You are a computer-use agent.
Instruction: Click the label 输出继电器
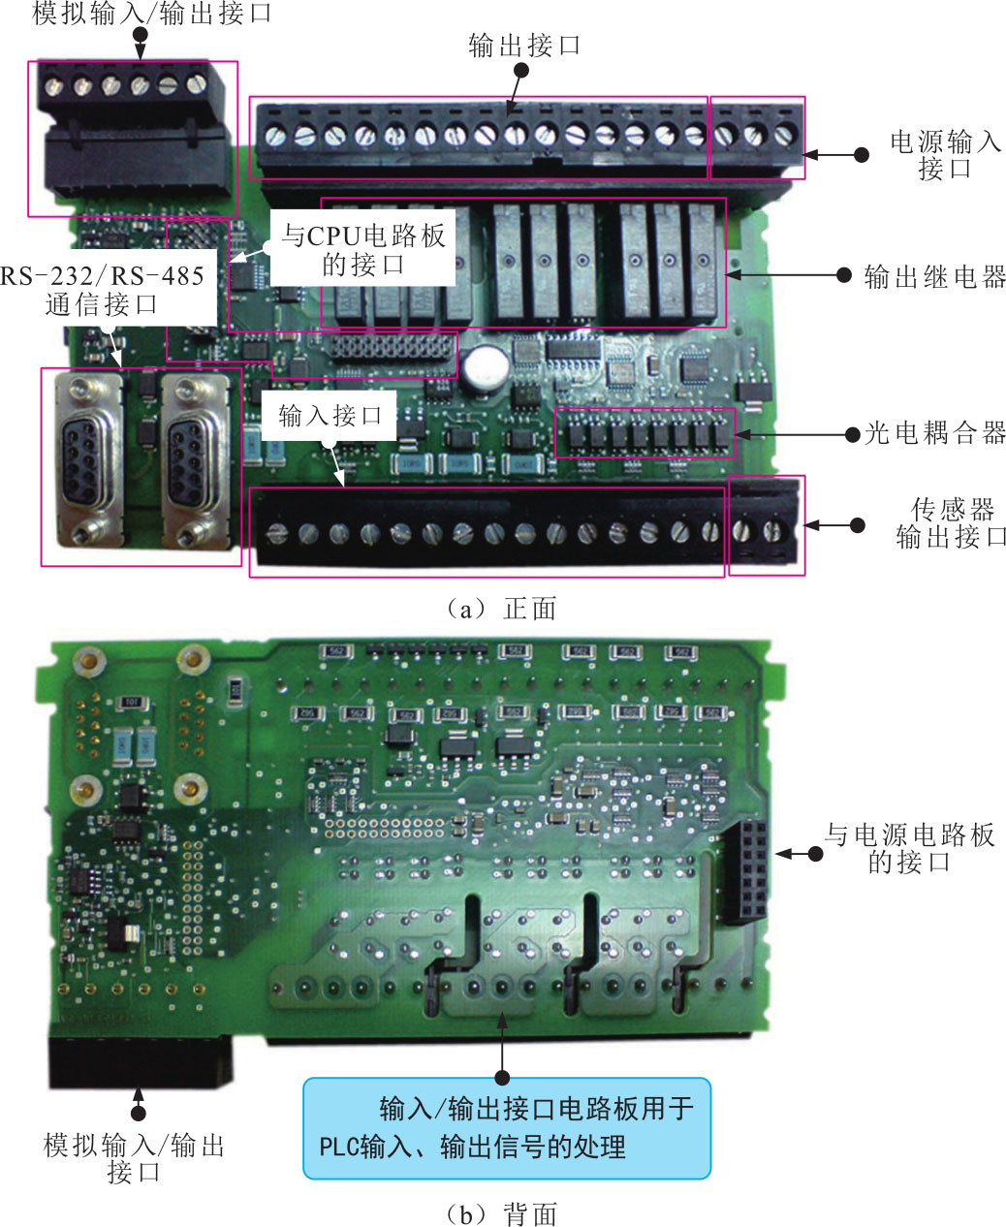tap(934, 277)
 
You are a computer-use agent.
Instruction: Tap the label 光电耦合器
tap(934, 433)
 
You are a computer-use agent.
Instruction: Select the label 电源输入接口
tap(945, 155)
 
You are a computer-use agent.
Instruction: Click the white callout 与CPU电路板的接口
tap(363, 250)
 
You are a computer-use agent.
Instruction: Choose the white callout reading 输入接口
tap(330, 416)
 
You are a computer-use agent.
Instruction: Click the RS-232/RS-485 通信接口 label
tap(103, 290)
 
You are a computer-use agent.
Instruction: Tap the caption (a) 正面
tap(501, 609)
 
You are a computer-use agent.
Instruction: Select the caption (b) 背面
tap(501, 1213)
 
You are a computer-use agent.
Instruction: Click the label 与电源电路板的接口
tap(909, 848)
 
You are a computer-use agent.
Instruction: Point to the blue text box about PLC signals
tap(507, 1129)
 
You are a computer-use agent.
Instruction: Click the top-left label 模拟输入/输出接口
tap(152, 14)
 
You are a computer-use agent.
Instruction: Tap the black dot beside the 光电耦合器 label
tap(853, 434)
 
